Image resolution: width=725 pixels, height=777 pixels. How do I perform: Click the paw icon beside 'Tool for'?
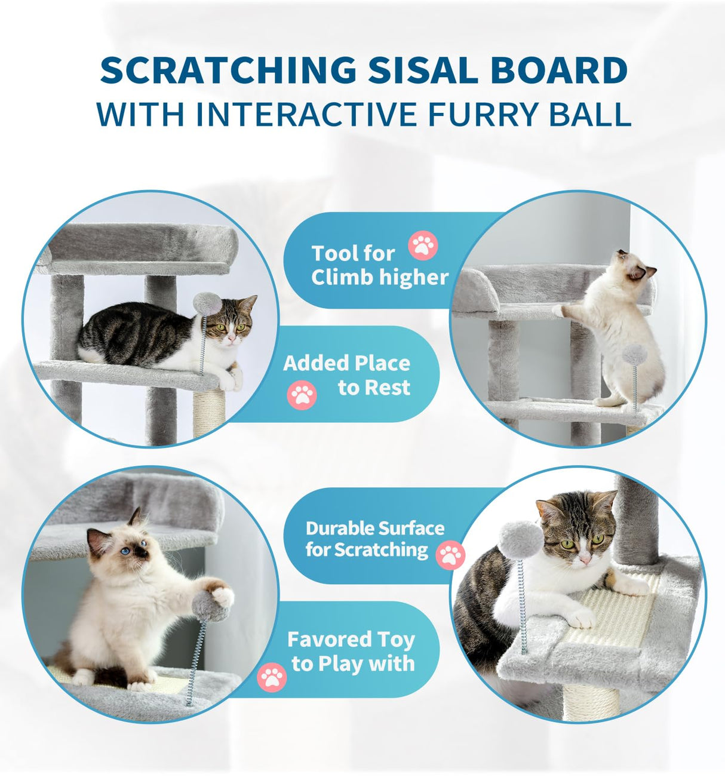(423, 245)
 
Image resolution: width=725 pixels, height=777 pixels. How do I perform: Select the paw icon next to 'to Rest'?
(302, 395)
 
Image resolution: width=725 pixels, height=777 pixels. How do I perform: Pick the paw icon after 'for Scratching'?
(450, 555)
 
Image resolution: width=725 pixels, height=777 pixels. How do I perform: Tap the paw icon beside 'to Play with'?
(272, 677)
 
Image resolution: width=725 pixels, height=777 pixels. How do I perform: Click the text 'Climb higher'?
(379, 277)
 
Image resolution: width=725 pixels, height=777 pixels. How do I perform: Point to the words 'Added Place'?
(346, 363)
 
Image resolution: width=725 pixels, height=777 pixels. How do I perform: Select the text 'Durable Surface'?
(374, 529)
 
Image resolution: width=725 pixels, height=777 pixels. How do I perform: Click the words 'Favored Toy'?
(351, 640)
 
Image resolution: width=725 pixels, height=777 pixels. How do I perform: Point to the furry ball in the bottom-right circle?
(521, 539)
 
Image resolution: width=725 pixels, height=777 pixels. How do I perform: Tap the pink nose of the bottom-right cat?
(585, 559)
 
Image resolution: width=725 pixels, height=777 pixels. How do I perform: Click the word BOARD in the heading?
(559, 70)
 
